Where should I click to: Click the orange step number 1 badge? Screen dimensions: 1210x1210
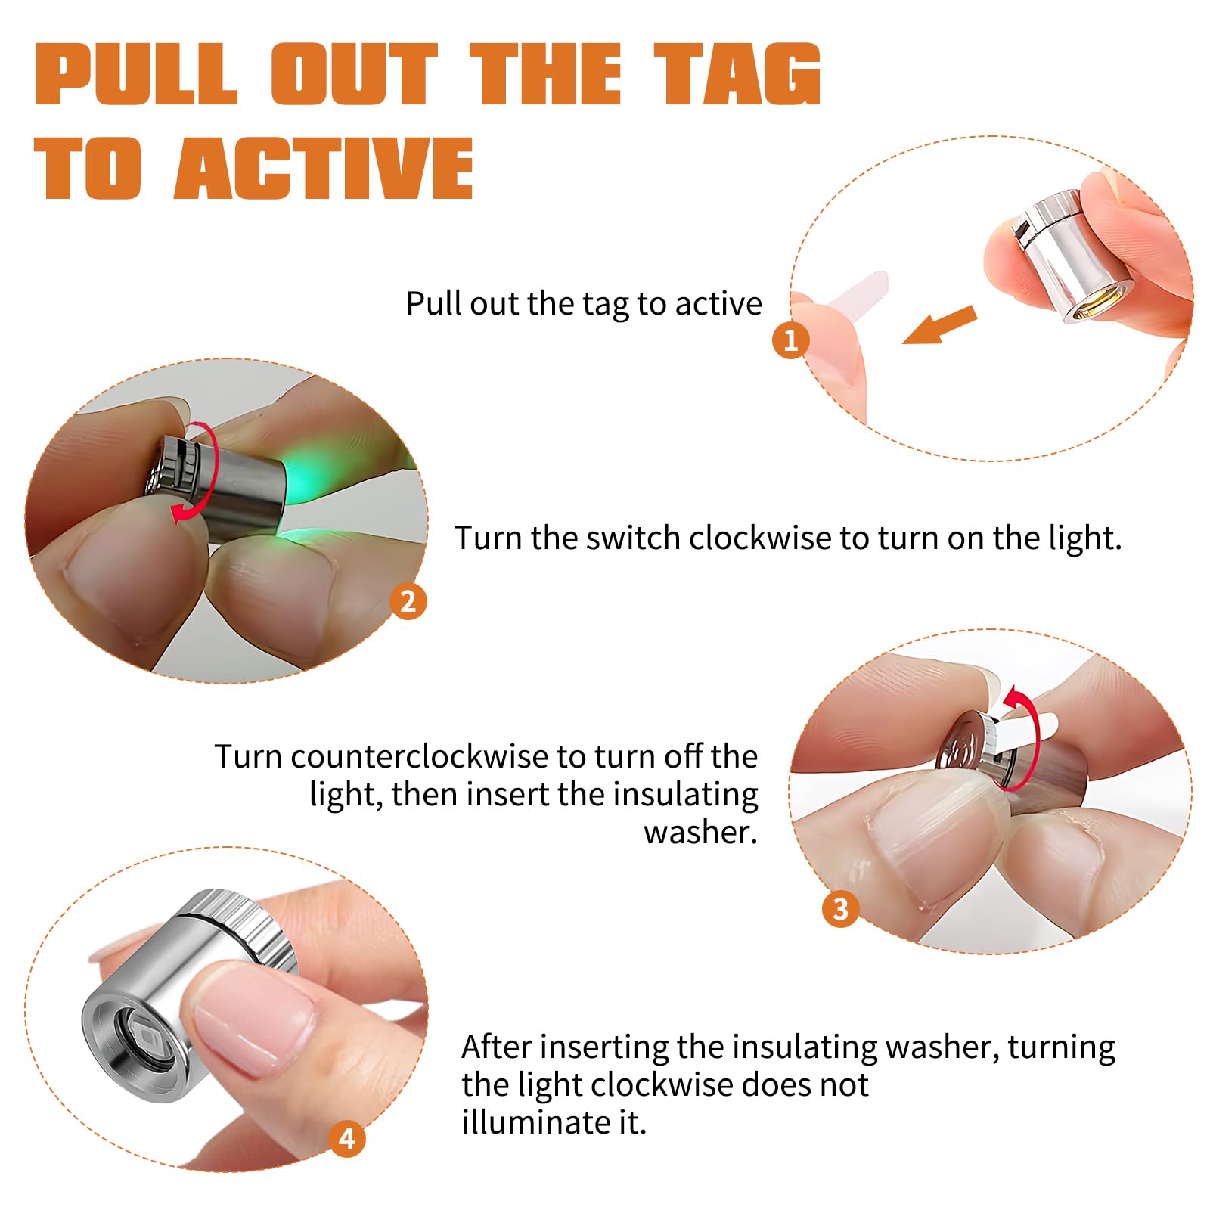pyautogui.click(x=791, y=340)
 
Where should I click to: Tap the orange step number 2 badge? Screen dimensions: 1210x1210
pyautogui.click(x=408, y=601)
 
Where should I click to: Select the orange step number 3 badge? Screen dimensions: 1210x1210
pyautogui.click(x=841, y=908)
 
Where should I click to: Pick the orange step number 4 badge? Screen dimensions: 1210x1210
pyautogui.click(x=347, y=1138)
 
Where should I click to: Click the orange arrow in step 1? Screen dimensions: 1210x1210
pyautogui.click(x=940, y=324)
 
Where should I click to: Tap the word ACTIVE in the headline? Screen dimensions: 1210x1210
pyautogui.click(x=324, y=168)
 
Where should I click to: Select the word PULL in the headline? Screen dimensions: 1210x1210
pyautogui.click(x=136, y=73)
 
